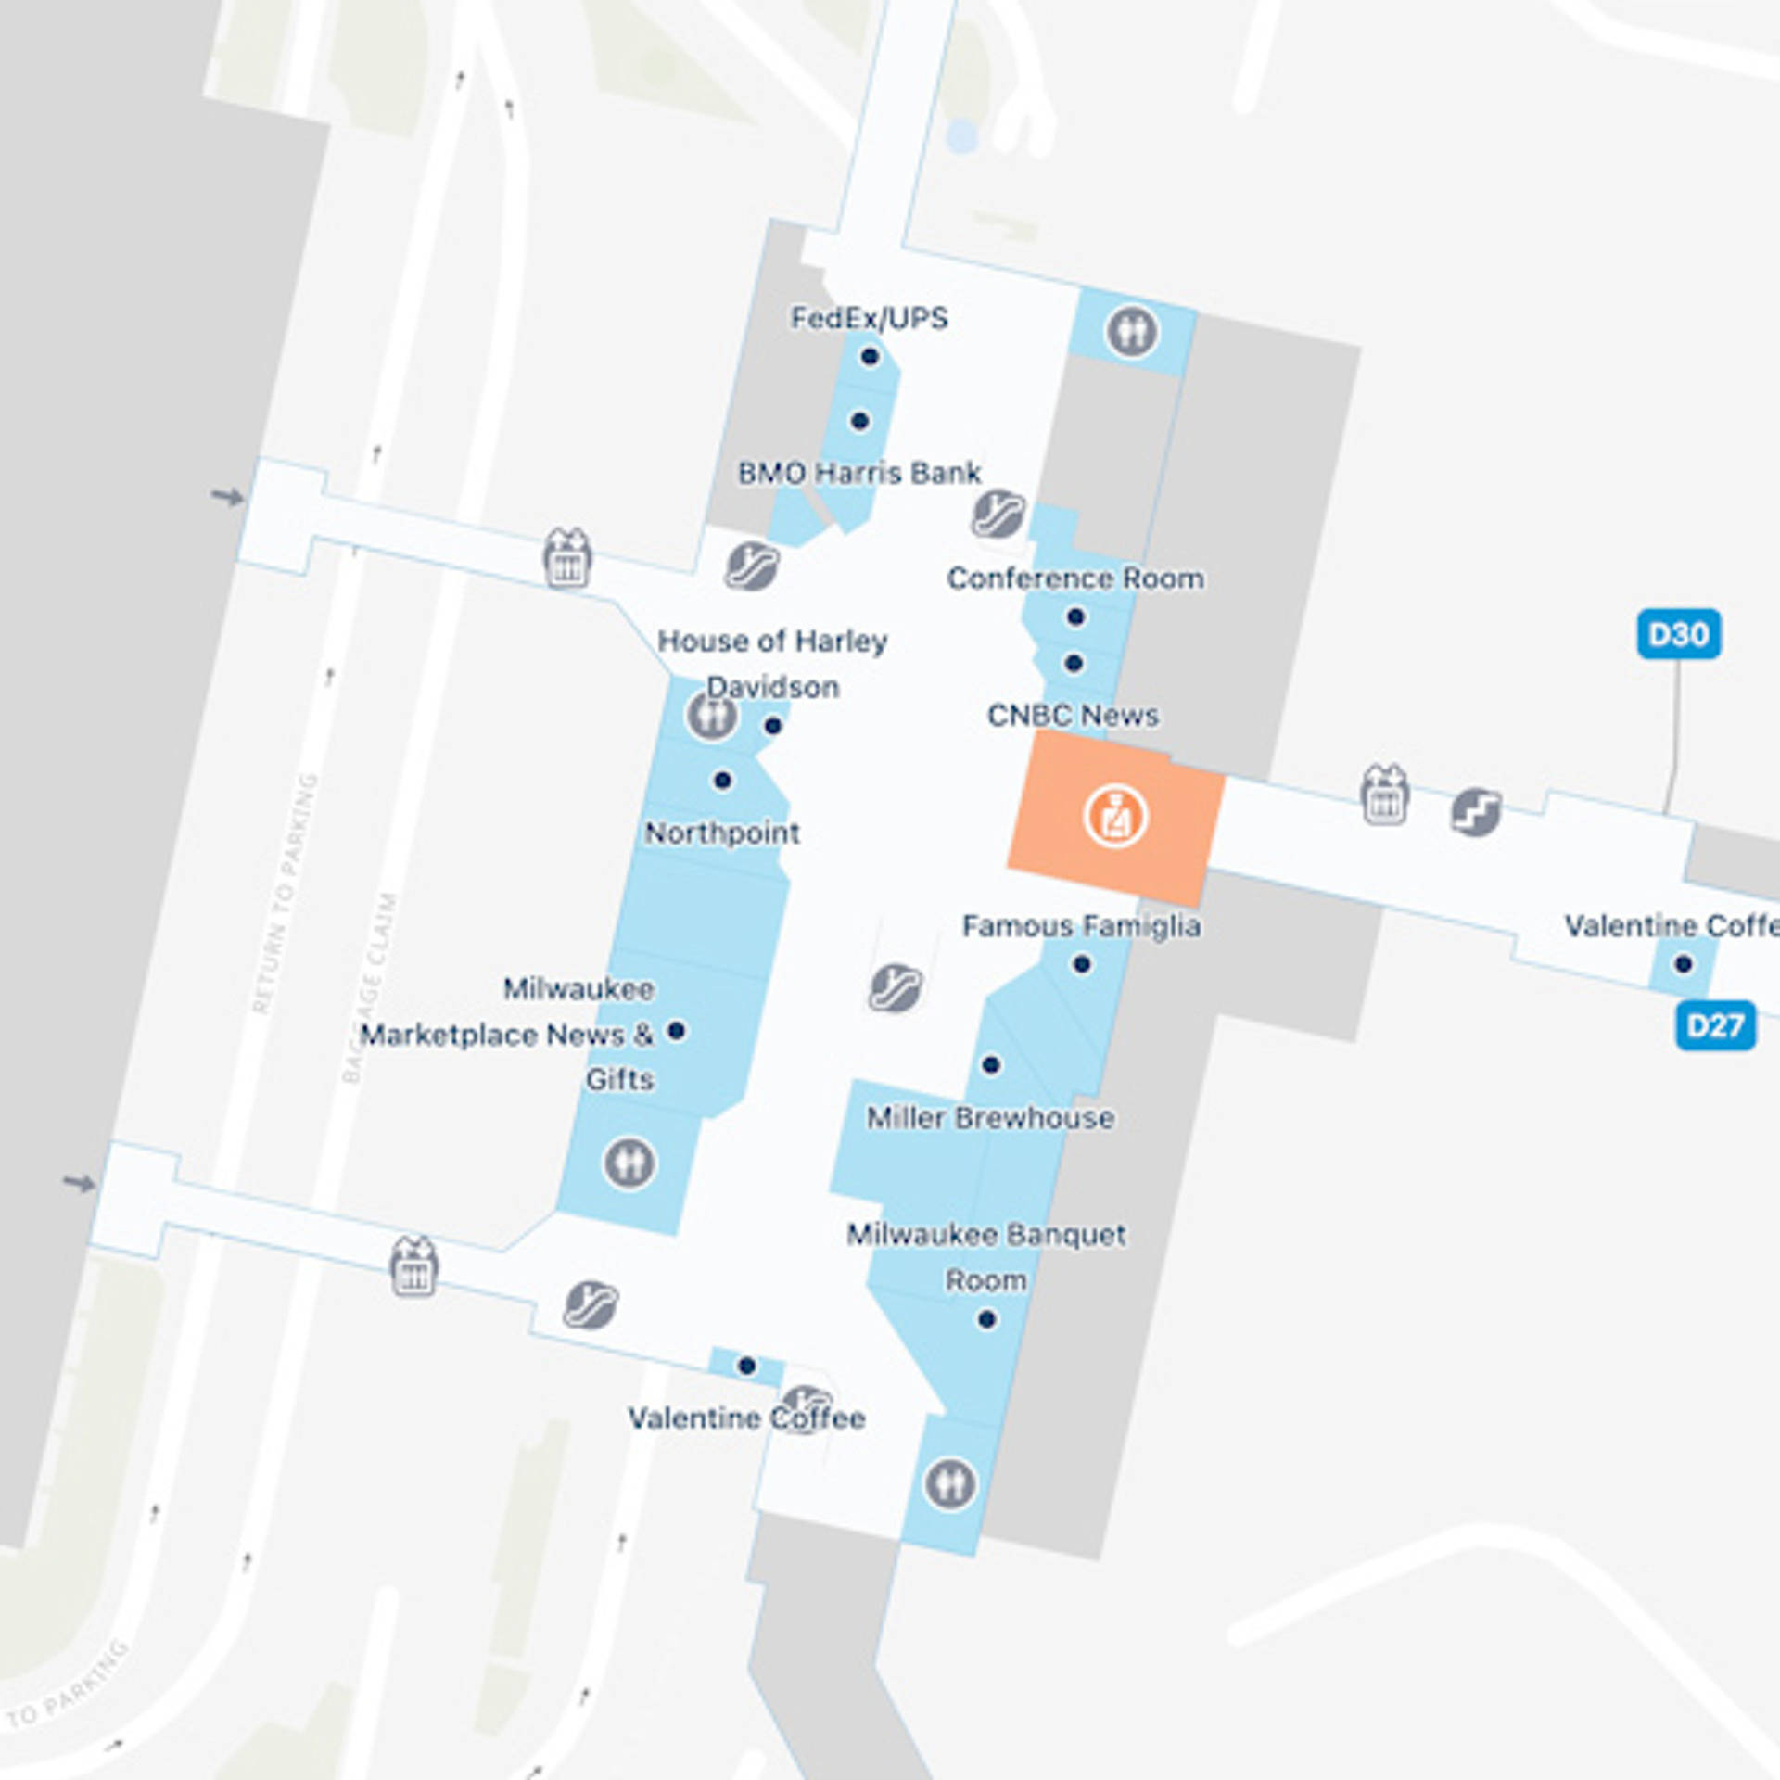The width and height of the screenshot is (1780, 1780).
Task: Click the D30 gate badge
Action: click(1678, 634)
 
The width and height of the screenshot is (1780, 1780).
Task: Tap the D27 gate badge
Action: click(1715, 1025)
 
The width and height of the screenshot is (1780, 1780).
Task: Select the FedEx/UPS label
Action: click(869, 318)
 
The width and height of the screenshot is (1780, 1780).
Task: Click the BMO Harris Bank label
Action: click(858, 473)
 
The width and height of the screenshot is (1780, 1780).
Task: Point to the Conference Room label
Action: click(1075, 578)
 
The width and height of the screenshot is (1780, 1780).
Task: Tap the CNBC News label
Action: click(1073, 715)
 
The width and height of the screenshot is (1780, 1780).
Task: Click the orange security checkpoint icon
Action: click(1115, 817)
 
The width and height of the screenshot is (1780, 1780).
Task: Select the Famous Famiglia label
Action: click(1081, 925)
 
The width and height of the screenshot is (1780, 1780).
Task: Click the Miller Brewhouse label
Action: click(990, 1117)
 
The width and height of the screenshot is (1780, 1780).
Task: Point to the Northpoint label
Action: click(722, 833)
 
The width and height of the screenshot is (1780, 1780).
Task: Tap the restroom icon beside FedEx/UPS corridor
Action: click(1132, 331)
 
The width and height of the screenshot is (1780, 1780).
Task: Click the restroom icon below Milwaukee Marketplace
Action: click(629, 1163)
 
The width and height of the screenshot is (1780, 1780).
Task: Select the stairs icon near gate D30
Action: click(1476, 812)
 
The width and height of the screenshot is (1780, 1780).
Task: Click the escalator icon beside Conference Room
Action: click(998, 513)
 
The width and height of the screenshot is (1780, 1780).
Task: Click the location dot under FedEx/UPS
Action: click(869, 356)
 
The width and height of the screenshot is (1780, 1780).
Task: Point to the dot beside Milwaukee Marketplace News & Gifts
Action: click(677, 1030)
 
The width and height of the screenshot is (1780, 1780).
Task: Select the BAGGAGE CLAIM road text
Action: click(370, 987)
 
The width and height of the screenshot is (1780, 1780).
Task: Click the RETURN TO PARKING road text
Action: click(286, 893)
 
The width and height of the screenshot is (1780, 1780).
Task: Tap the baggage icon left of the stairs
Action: click(1384, 795)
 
